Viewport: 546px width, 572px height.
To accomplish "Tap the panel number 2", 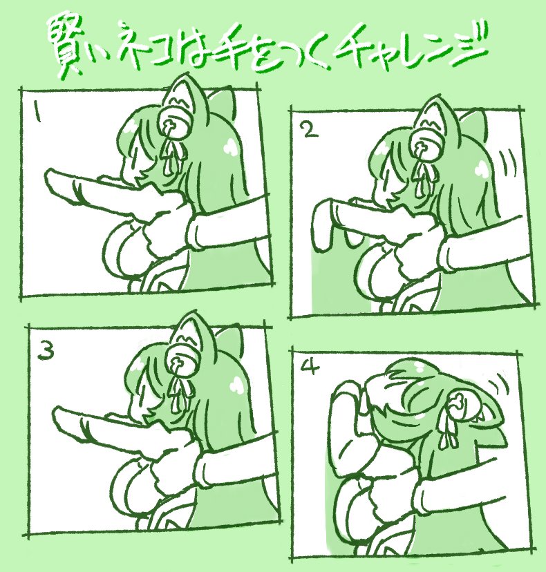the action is coord(310,130).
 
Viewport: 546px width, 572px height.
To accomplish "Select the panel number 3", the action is coord(46,351).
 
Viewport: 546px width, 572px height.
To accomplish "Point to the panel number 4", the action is coord(310,369).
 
